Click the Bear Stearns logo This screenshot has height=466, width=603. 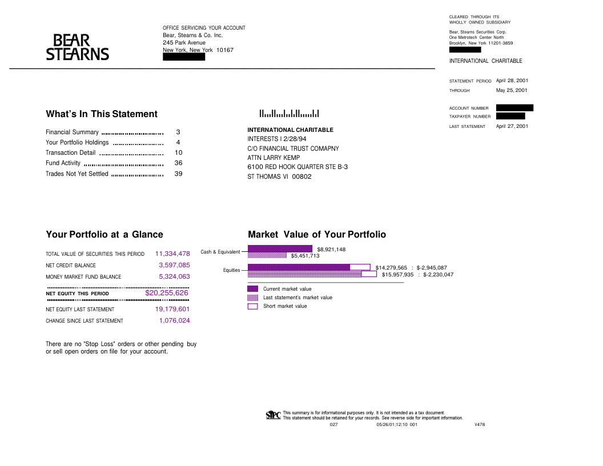77,47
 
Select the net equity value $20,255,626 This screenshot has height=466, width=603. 167,293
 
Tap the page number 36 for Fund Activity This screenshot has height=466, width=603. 178,163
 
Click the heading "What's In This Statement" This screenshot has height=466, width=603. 102,114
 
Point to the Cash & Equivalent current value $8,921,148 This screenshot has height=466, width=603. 331,250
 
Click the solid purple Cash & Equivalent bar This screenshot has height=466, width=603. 280,248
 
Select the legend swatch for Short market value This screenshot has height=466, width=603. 253,306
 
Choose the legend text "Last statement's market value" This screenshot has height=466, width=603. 298,298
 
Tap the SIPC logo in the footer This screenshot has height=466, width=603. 274,415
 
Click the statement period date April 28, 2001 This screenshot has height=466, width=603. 512,81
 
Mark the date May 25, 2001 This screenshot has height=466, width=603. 512,90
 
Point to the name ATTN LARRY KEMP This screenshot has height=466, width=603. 274,158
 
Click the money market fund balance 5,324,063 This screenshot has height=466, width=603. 174,276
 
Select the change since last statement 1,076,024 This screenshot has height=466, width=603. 174,321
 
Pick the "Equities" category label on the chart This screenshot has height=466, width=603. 231,270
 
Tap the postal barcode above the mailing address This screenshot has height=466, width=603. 289,114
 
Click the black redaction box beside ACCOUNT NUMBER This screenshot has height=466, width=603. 514,107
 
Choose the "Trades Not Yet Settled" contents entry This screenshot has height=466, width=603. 77,174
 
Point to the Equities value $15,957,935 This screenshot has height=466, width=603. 397,275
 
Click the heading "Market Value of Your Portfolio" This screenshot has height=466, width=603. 317,235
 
